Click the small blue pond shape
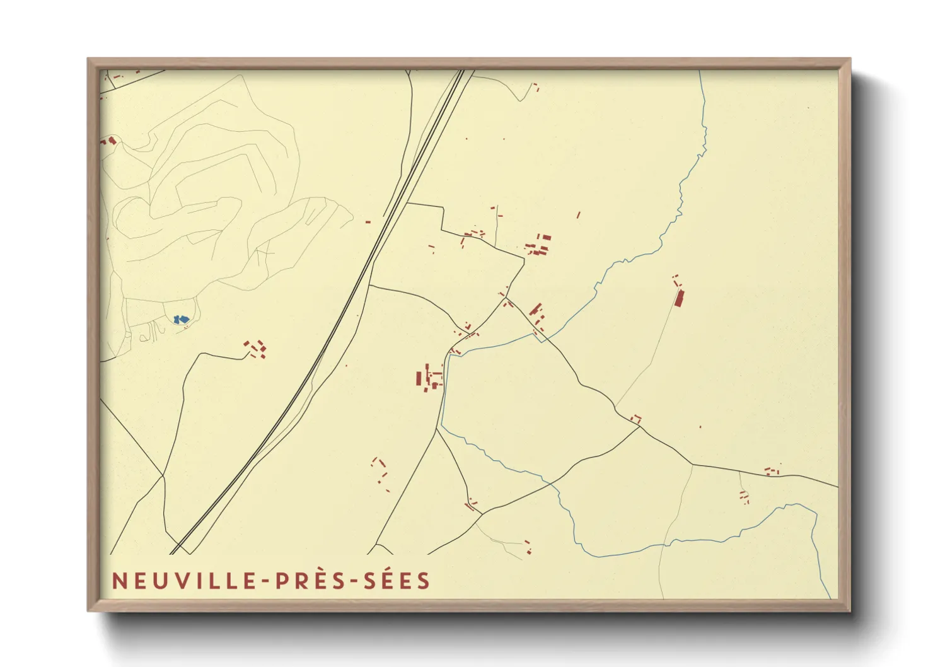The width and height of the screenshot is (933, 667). coord(181,320)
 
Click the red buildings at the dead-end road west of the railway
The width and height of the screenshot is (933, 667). coord(256,348)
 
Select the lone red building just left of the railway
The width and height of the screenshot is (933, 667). coord(368,222)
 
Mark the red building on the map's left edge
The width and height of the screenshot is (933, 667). coord(110,141)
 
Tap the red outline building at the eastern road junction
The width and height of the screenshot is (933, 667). coord(636,418)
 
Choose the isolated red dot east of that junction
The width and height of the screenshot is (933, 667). coord(700,427)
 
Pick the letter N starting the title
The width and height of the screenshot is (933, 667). coord(118,581)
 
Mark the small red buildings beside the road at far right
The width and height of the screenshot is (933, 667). coord(772,470)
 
